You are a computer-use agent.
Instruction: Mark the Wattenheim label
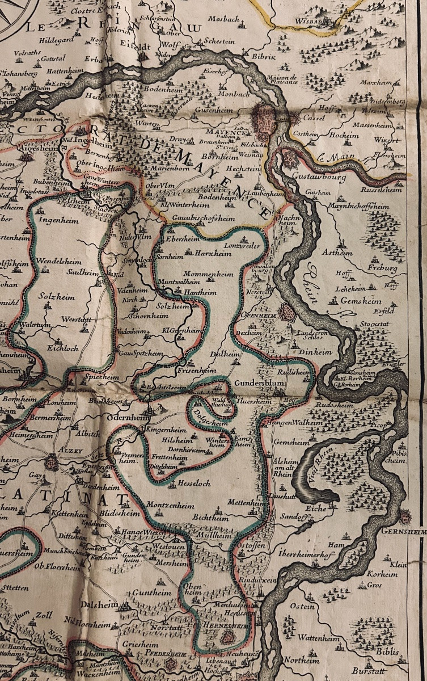[319, 638]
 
